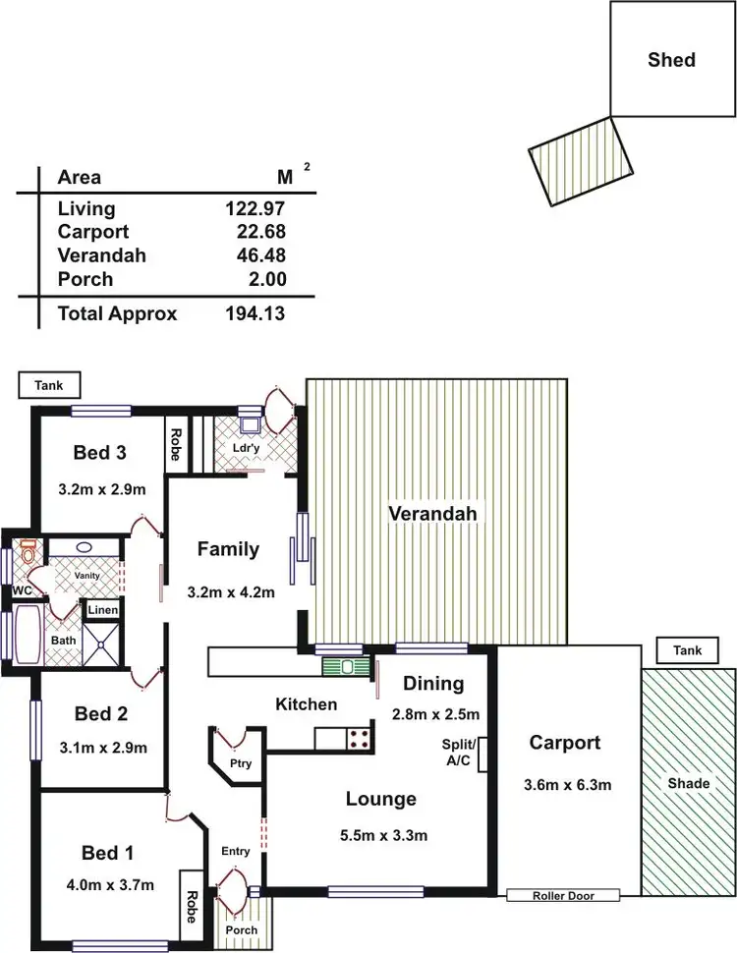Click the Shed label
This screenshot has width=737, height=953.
(x=671, y=60)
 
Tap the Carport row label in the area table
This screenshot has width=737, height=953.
(x=93, y=232)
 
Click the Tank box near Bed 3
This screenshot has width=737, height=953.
(x=49, y=386)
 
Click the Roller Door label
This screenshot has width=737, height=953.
(x=564, y=895)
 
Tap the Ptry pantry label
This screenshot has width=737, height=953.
(x=241, y=763)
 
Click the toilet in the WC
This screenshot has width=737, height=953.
(x=28, y=553)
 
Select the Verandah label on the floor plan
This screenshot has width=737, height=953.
(x=431, y=514)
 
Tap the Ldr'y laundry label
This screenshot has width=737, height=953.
(x=245, y=447)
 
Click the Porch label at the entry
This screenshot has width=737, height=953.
(x=241, y=930)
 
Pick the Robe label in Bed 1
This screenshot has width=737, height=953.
(x=191, y=899)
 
